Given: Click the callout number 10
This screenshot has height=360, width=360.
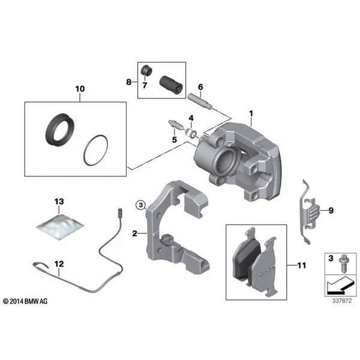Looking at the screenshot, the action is point(80,89).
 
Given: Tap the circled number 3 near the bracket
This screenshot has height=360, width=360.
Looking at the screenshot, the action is point(140,204).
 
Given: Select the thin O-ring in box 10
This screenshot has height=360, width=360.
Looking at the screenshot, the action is point(96,149).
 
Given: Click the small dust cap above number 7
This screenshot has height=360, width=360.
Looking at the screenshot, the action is point(147,70).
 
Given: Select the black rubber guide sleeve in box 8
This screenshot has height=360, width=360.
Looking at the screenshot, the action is point(171,85).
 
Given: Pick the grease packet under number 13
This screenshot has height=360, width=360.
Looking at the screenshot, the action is point(60,227).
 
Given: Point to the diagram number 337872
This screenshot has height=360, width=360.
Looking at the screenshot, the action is point(341,301).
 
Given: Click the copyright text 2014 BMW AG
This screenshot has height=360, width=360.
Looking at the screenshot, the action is point(25,301).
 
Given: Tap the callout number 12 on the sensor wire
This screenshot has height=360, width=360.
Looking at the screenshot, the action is point(59,264).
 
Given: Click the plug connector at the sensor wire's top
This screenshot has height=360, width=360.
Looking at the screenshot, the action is point(119,212).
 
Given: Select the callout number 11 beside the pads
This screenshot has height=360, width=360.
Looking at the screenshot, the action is point(302,265).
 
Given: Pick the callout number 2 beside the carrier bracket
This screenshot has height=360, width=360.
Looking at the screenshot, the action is point(134,233).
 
